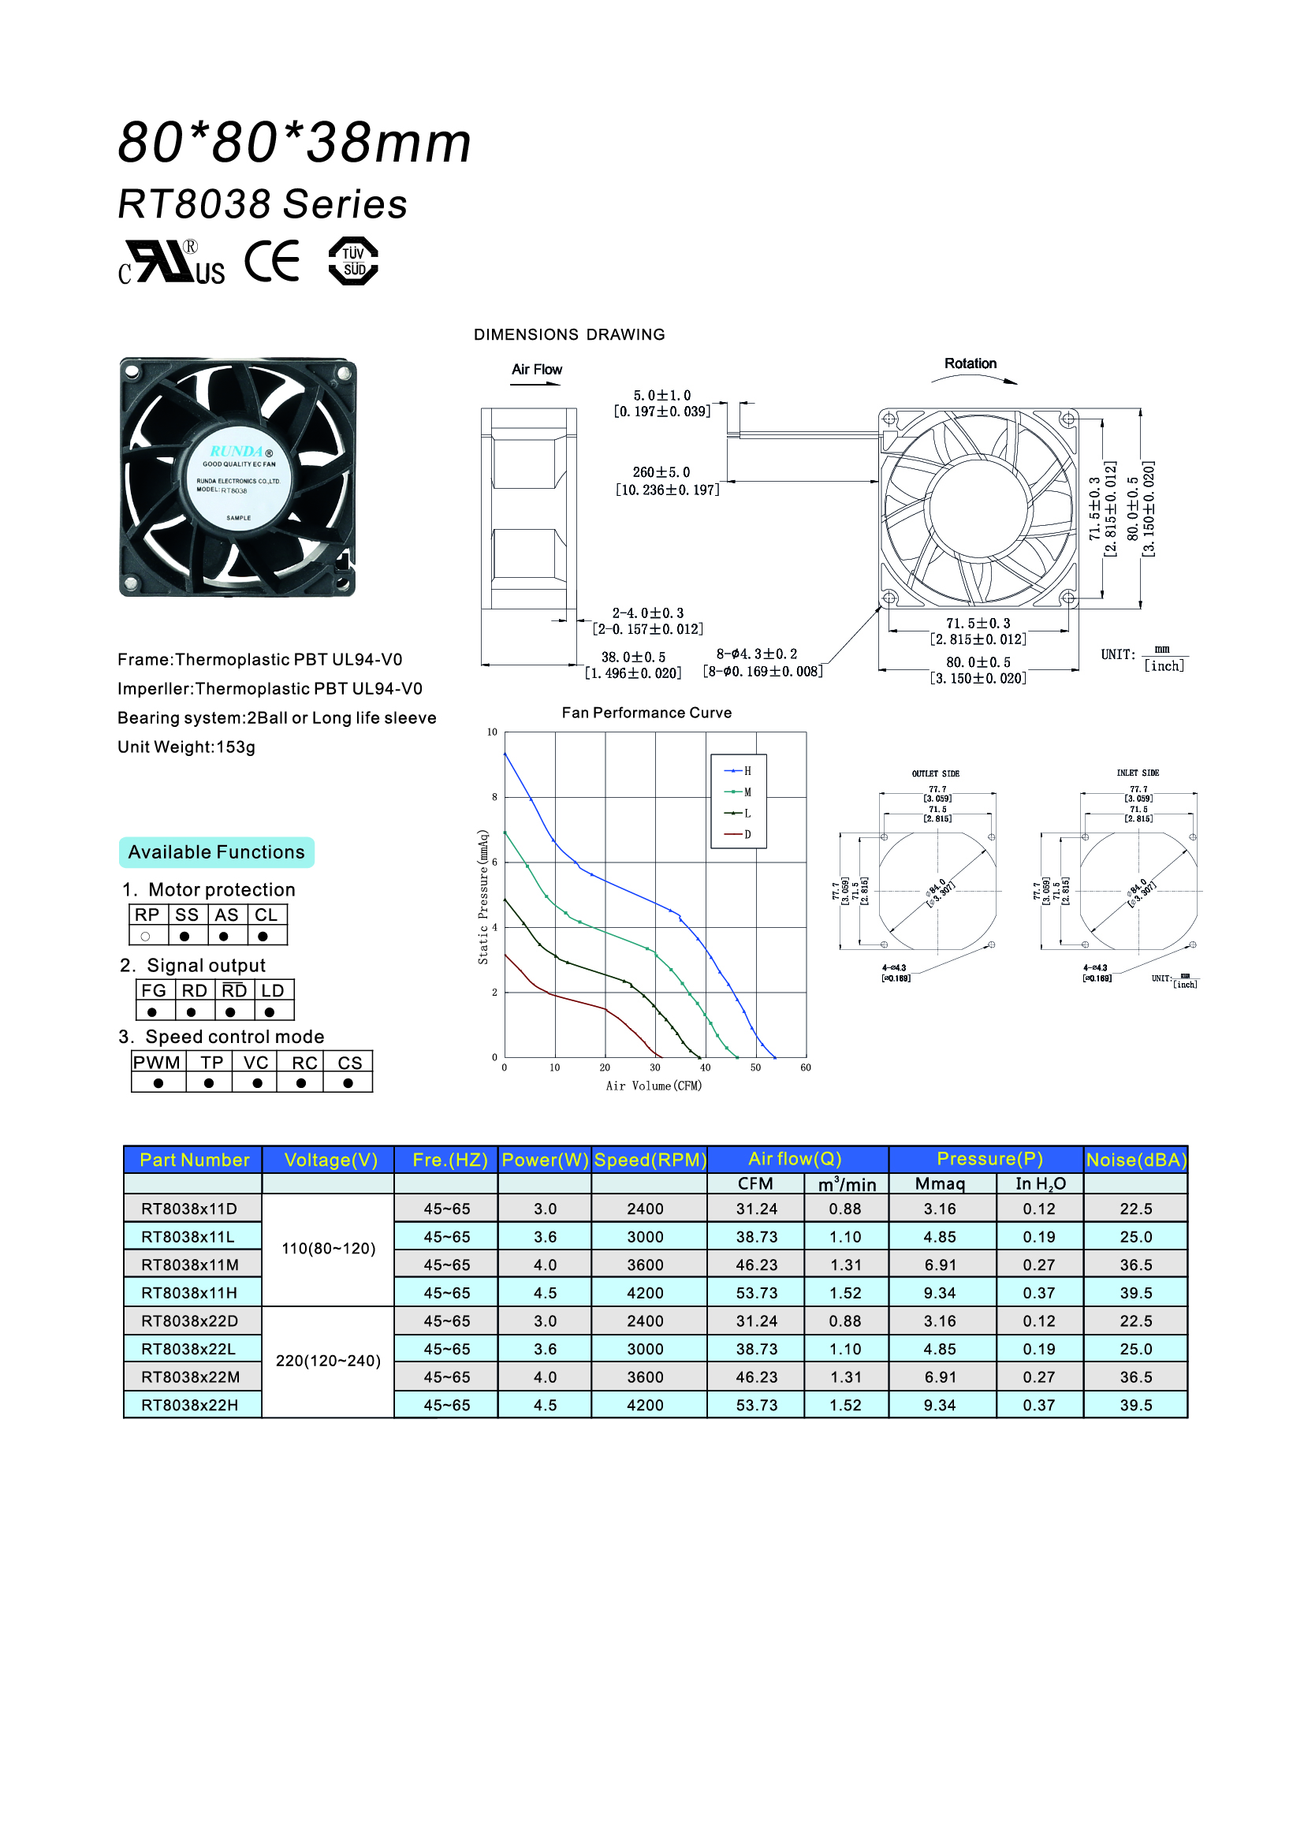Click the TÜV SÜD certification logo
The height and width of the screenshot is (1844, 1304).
coord(353,261)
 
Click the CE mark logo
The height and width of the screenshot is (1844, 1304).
coord(272,261)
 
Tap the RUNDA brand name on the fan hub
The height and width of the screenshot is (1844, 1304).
coord(236,452)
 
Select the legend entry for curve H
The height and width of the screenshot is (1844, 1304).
coord(738,771)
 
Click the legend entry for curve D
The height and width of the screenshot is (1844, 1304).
coord(738,834)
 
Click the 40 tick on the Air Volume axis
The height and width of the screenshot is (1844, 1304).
coord(705,1067)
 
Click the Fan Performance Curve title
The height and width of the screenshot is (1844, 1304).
coord(646,713)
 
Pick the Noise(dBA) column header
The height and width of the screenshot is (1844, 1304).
coord(1135,1160)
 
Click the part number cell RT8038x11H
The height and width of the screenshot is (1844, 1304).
coord(189,1293)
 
